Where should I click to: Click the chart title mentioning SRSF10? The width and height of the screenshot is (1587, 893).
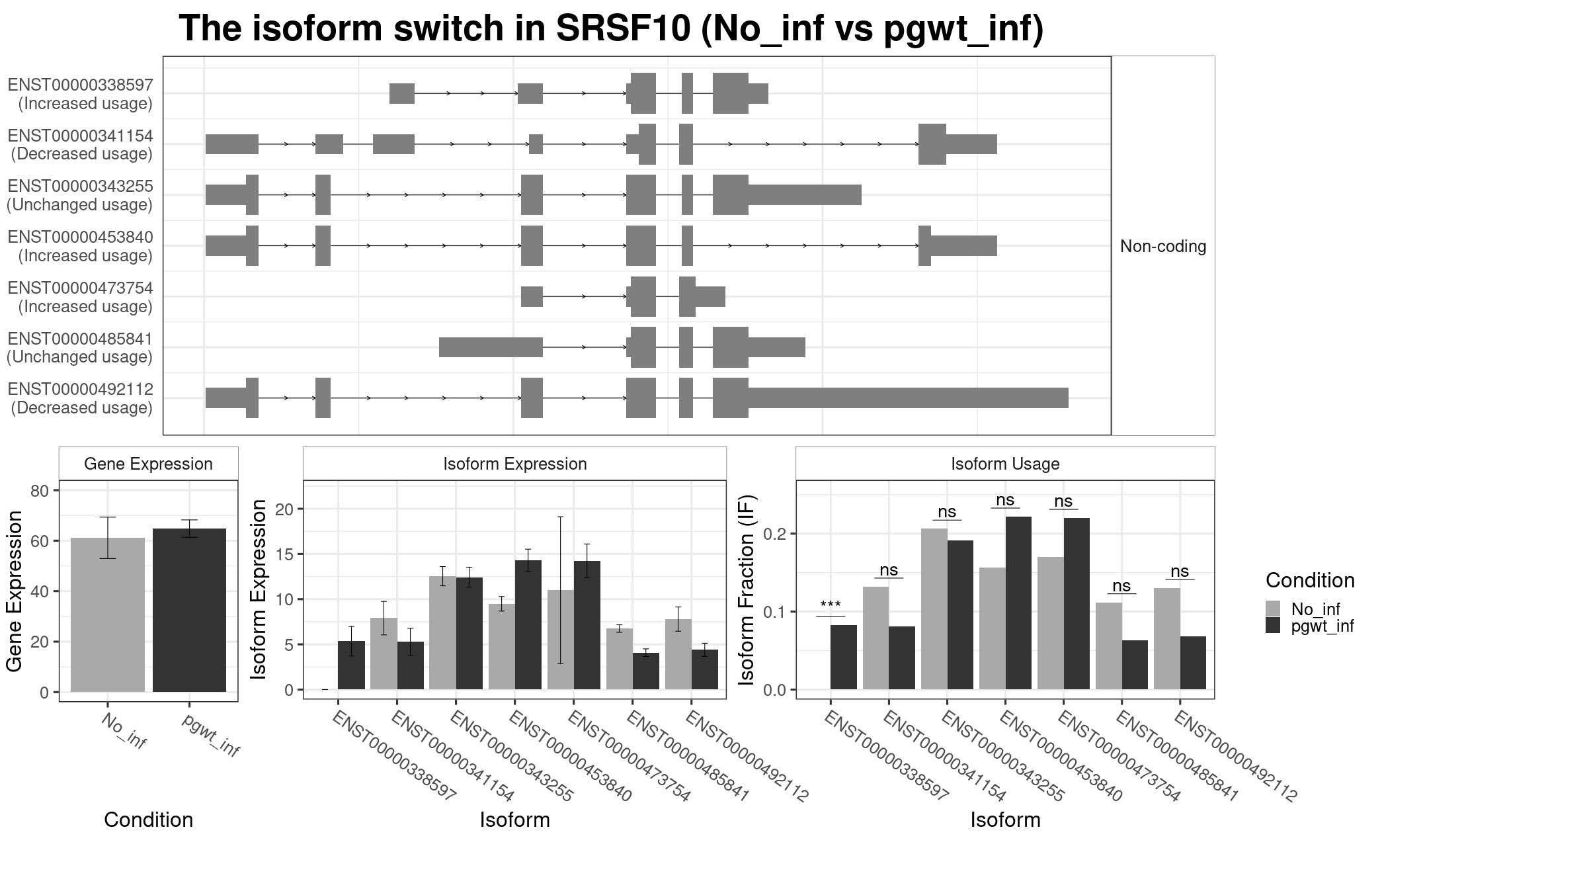(x=611, y=29)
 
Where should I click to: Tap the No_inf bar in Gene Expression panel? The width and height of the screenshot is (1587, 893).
(x=107, y=615)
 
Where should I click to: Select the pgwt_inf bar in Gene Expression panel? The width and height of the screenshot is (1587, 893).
(x=189, y=610)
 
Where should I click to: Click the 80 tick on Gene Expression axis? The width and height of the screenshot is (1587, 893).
(x=40, y=490)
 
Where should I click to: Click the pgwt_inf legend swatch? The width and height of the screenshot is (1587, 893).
(x=1272, y=626)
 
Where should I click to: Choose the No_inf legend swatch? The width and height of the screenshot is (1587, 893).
(x=1272, y=609)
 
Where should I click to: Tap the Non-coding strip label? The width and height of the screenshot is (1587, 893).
(x=1162, y=246)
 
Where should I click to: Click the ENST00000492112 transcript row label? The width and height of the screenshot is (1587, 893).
(x=80, y=398)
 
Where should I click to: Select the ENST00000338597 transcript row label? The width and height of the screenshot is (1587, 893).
(x=80, y=94)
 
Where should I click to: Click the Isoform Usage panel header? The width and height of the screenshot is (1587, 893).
(x=1004, y=464)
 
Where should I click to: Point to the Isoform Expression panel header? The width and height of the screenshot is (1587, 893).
(x=514, y=464)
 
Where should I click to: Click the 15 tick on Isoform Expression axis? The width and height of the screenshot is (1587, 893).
(x=284, y=554)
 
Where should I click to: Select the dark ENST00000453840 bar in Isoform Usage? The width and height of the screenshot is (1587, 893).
(x=1018, y=603)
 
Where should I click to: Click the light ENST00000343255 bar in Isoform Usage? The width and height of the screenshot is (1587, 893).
(x=934, y=609)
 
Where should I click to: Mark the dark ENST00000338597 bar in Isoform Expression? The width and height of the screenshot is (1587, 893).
(x=351, y=665)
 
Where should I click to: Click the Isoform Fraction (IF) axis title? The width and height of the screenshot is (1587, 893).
(x=747, y=589)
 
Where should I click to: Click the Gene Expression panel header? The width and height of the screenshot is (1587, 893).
(x=148, y=464)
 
